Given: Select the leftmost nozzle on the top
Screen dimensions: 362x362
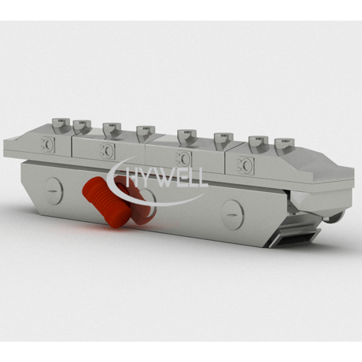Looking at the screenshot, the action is (61, 126).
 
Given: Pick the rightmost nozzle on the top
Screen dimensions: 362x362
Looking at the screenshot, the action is (285, 146).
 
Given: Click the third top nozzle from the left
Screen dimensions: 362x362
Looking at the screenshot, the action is (112, 131).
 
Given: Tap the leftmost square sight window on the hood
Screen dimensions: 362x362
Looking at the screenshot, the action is (48, 144).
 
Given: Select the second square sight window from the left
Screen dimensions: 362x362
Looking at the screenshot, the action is (108, 151).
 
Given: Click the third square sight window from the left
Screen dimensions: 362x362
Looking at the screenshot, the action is (184, 158).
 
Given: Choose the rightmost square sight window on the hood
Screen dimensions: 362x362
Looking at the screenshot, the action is (246, 165).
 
